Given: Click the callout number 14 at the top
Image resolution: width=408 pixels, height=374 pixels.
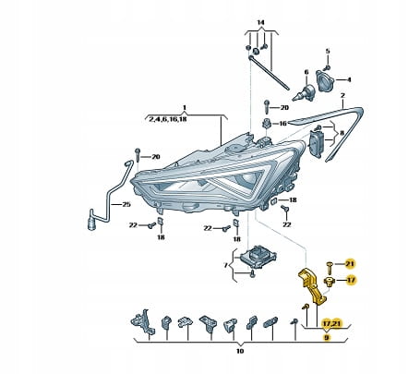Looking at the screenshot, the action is (x=260, y=22).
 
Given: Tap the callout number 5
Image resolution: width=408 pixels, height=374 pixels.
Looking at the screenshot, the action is (x=328, y=51).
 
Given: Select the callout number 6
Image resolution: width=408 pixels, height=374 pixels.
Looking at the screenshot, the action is (x=306, y=72).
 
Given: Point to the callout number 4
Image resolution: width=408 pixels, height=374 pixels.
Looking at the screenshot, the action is (x=349, y=79).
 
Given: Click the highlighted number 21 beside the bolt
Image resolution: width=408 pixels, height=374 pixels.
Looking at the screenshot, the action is (x=350, y=263).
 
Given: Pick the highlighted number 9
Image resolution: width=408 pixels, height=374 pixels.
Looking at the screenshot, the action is (x=327, y=338).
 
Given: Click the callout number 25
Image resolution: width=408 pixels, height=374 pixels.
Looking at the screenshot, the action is (x=126, y=204).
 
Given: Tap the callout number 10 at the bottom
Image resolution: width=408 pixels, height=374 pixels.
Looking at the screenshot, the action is (x=240, y=351).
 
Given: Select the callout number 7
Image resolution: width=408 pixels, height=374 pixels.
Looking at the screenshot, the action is (x=225, y=265).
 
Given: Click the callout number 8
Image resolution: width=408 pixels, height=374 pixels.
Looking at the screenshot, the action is (x=342, y=134).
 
